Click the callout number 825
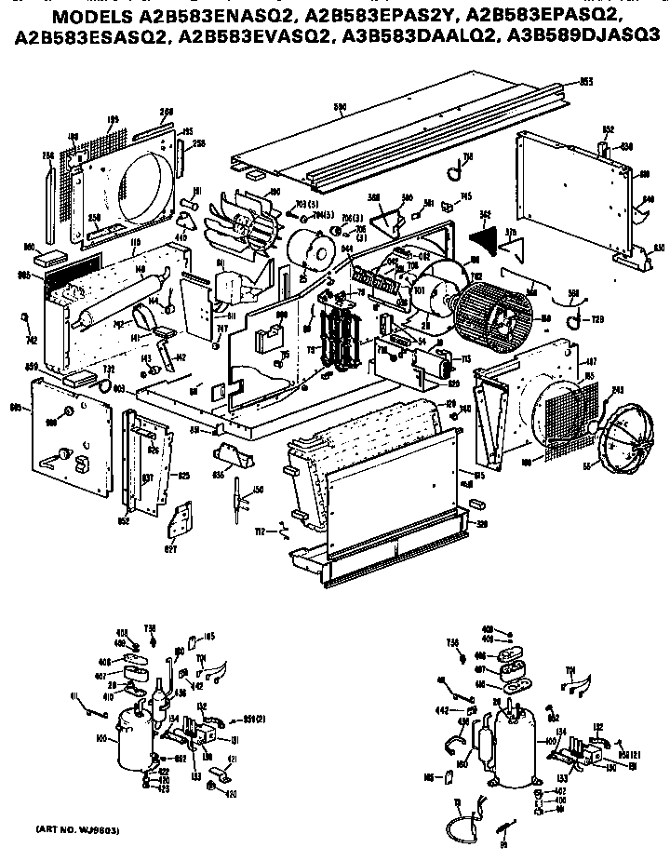coord(184,477)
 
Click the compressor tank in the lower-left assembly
coord(129,740)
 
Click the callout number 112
coord(261,531)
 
